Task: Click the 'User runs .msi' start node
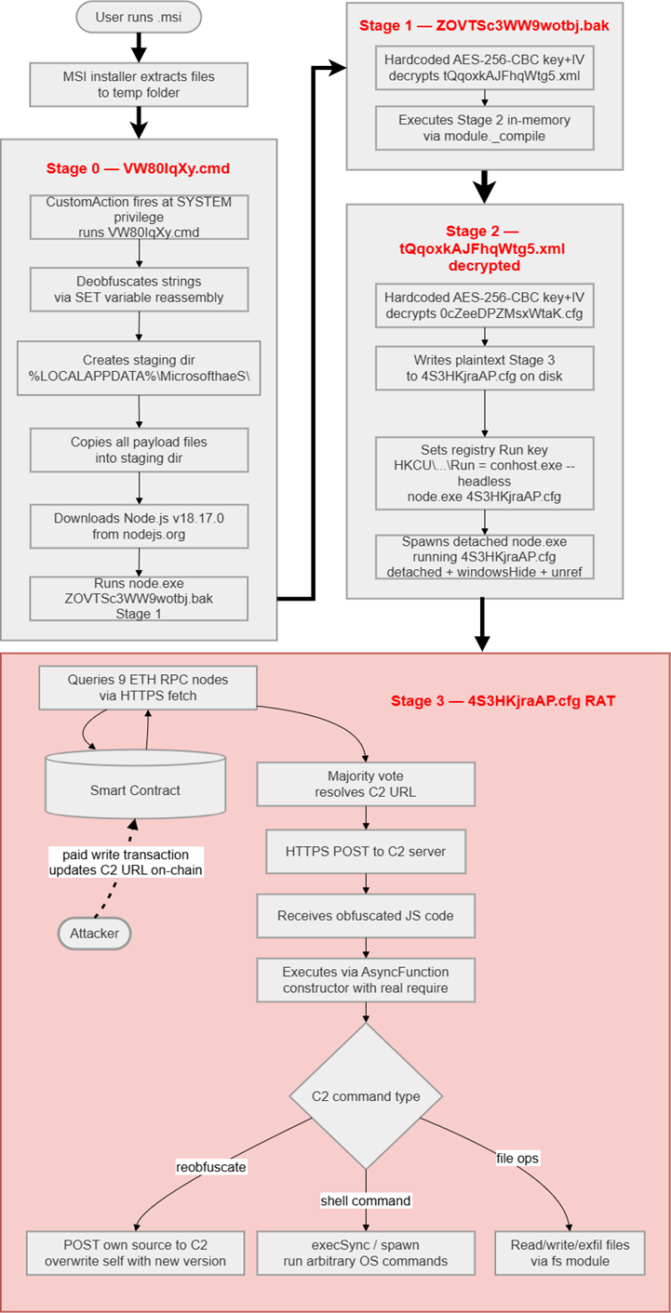(x=139, y=17)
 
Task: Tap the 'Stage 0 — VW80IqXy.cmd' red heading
(x=139, y=169)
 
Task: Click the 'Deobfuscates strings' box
(x=139, y=289)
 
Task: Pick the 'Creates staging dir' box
(x=139, y=368)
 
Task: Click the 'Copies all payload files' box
(x=139, y=448)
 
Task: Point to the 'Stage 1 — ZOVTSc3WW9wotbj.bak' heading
(x=484, y=26)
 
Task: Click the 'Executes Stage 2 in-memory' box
(x=484, y=128)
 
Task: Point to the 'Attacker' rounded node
(x=95, y=932)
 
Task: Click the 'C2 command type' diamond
(x=365, y=1095)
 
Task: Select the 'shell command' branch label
(x=365, y=1200)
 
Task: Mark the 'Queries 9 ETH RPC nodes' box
(x=147, y=688)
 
